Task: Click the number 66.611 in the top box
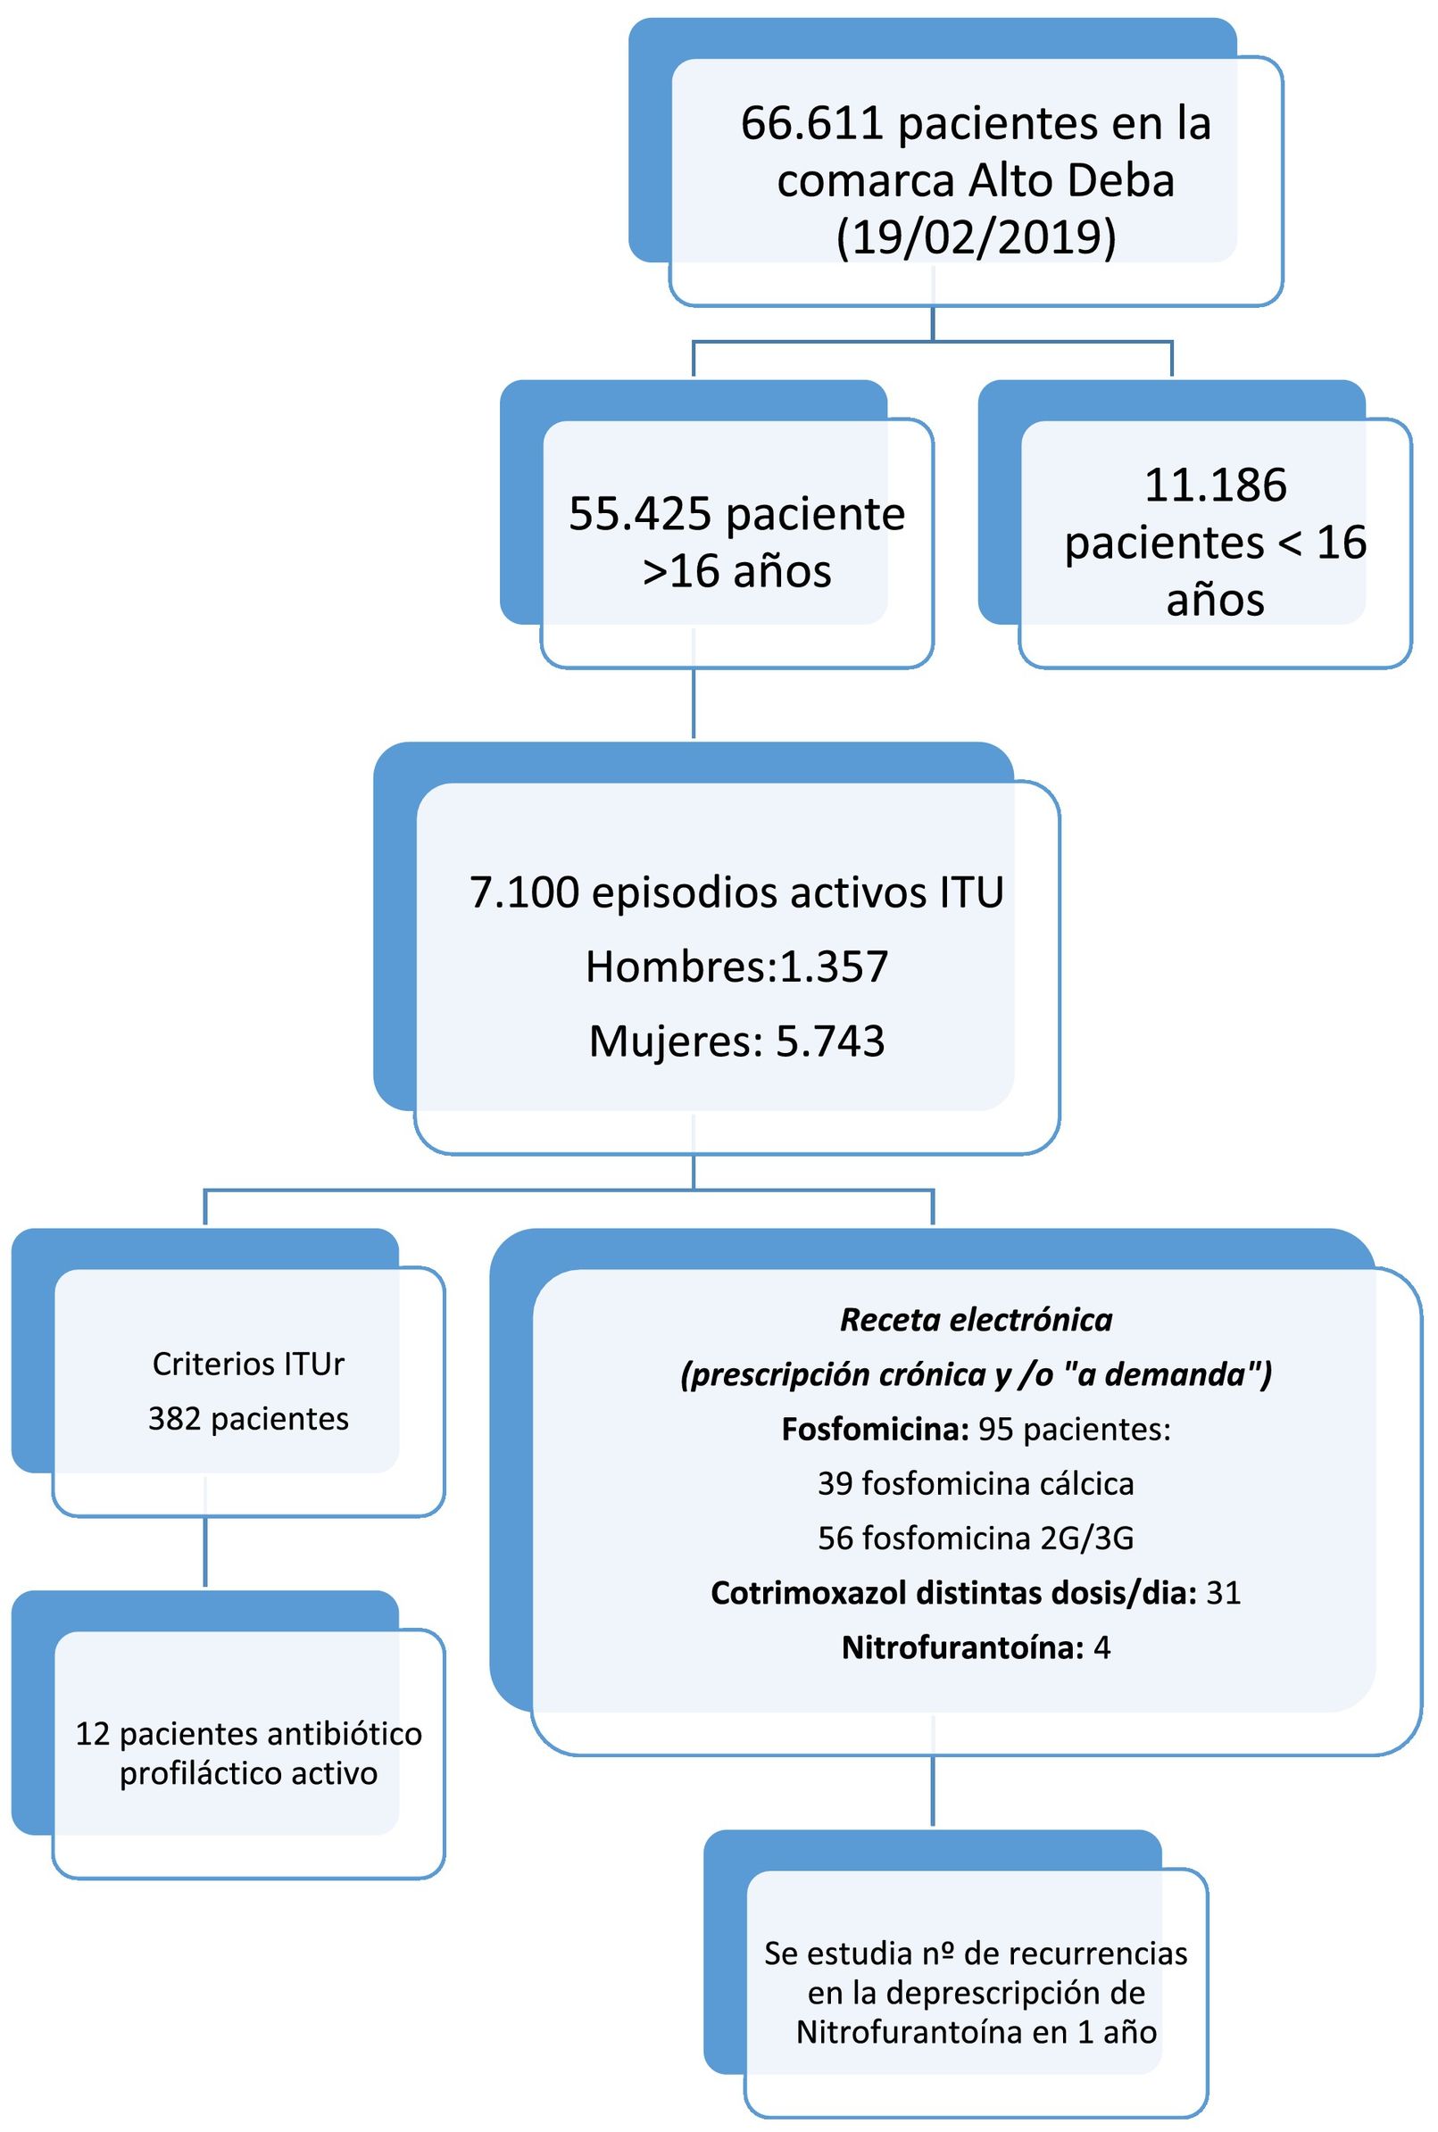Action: point(811,124)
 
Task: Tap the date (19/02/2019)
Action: point(976,237)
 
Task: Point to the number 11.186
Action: point(1215,485)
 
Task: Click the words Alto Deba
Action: point(1072,180)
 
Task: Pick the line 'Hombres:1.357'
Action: point(736,966)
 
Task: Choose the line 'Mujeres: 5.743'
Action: point(736,1041)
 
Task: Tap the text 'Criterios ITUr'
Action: point(248,1364)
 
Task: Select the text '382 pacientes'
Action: point(248,1419)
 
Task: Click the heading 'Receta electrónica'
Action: point(976,1320)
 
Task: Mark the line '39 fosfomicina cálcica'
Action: point(976,1484)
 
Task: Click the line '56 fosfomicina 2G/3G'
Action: point(976,1538)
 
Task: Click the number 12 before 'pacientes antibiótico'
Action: point(93,1733)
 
